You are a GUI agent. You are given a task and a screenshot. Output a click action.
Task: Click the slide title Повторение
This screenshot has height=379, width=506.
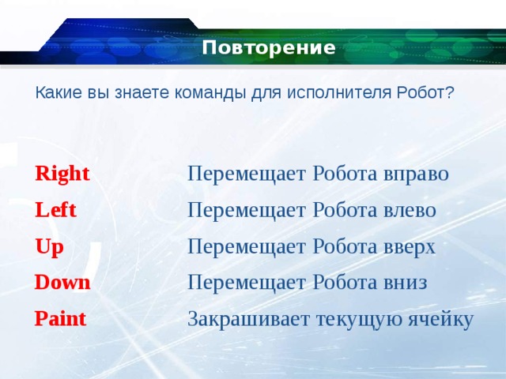(x=269, y=48)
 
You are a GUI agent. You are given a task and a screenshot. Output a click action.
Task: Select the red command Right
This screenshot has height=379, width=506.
(x=62, y=174)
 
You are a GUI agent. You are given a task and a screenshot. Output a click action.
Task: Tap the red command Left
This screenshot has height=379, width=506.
(x=55, y=210)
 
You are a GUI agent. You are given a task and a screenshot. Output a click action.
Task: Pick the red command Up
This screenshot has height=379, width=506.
(x=49, y=247)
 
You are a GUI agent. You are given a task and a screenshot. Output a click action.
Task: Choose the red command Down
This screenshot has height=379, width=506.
(x=62, y=283)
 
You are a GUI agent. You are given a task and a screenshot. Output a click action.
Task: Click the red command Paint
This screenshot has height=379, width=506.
(x=60, y=319)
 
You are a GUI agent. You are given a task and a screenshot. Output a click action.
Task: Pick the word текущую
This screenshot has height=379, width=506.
(x=359, y=320)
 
